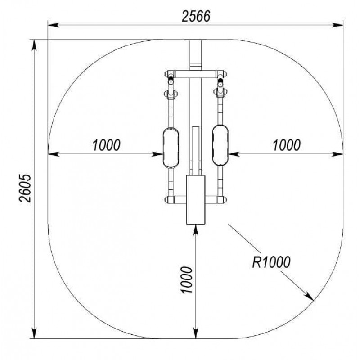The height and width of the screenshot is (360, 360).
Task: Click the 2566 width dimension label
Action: [x=196, y=16]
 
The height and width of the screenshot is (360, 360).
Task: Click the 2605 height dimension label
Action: [x=25, y=188]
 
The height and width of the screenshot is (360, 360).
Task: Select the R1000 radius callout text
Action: [x=271, y=262]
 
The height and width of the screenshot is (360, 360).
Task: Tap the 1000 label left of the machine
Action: [x=106, y=145]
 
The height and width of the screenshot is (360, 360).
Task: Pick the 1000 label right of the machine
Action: [x=287, y=145]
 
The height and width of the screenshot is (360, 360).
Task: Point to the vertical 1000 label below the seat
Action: [x=187, y=279]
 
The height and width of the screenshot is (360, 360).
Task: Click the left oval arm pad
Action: [x=171, y=148]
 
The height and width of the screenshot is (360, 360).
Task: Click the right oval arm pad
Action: [x=220, y=145]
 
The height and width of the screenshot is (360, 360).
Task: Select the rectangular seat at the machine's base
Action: [x=196, y=200]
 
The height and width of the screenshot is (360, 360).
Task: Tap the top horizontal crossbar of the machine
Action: [x=196, y=74]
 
